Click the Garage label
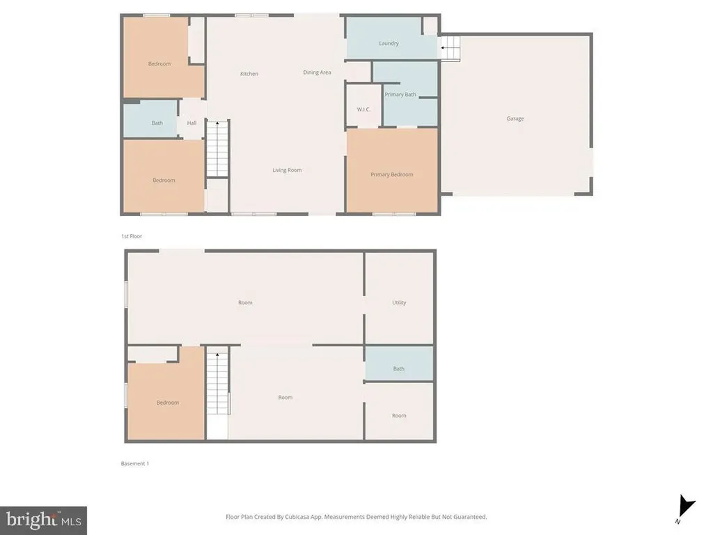pyautogui.click(x=515, y=118)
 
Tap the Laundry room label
pyautogui.click(x=389, y=43)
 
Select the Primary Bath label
pyautogui.click(x=400, y=94)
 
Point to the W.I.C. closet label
pyautogui.click(x=363, y=109)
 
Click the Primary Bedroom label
pyautogui.click(x=391, y=174)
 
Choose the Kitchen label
pyautogui.click(x=249, y=74)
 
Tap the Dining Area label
pyautogui.click(x=317, y=72)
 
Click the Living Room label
pyautogui.click(x=287, y=170)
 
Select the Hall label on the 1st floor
pyautogui.click(x=191, y=123)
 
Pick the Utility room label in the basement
pyautogui.click(x=399, y=302)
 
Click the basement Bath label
pyautogui.click(x=398, y=369)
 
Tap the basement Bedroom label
pyautogui.click(x=167, y=403)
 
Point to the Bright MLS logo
pyautogui.click(x=43, y=520)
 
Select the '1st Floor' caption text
pyautogui.click(x=132, y=236)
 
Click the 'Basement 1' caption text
pyautogui.click(x=134, y=463)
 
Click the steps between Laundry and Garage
pyautogui.click(x=450, y=48)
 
